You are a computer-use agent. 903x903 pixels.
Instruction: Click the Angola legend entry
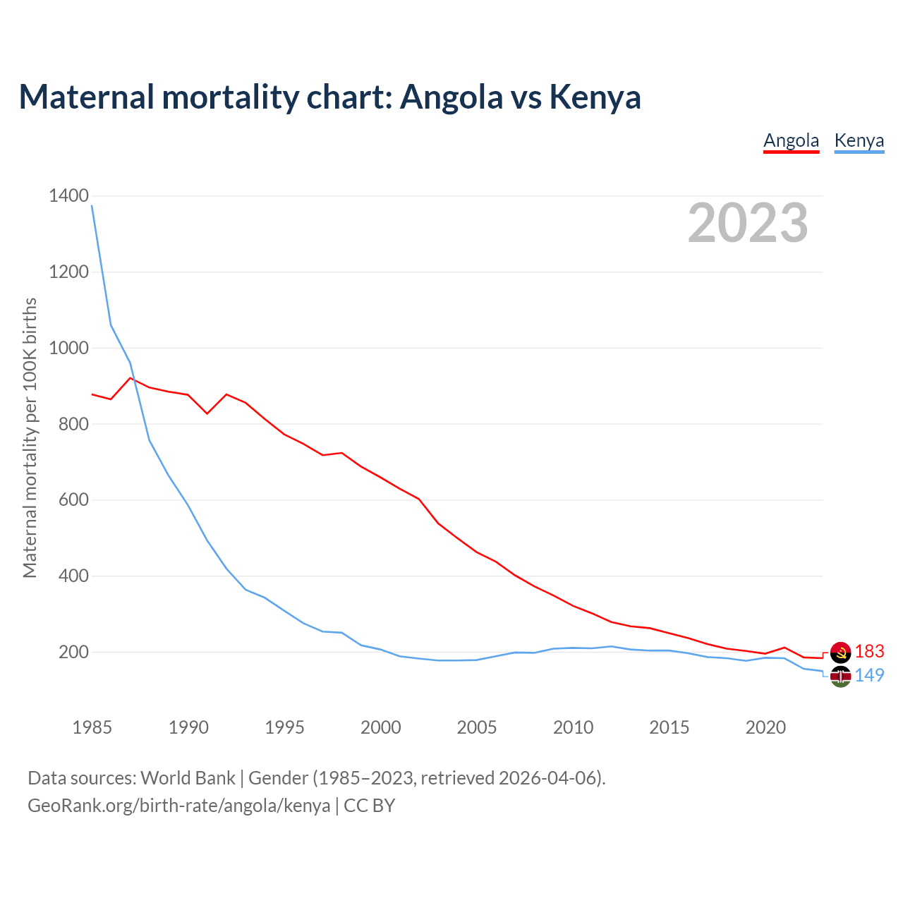(x=791, y=140)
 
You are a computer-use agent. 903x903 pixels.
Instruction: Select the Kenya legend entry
(x=859, y=140)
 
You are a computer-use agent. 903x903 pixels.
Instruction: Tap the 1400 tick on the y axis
(x=68, y=196)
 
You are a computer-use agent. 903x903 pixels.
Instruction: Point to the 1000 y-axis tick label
(x=68, y=349)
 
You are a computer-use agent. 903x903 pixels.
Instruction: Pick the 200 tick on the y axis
(x=73, y=653)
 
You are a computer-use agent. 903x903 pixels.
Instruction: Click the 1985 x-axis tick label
(x=92, y=727)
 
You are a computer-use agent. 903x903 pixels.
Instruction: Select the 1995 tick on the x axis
(x=284, y=727)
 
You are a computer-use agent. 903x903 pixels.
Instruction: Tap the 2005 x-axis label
(x=477, y=727)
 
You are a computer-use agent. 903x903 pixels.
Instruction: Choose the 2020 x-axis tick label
(x=765, y=727)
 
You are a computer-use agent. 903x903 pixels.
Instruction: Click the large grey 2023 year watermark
(x=748, y=223)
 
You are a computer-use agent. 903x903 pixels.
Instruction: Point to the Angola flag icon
(x=840, y=653)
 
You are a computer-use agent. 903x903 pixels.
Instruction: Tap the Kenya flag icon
(x=840, y=677)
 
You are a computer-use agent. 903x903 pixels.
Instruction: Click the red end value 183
(x=869, y=652)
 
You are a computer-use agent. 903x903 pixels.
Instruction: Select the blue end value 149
(x=869, y=676)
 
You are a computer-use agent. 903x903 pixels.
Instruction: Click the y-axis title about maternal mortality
(x=30, y=437)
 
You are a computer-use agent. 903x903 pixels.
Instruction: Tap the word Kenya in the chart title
(x=595, y=97)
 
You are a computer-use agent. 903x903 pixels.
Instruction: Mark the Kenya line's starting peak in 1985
(x=92, y=205)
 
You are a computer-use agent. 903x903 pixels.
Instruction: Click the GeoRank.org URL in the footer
(x=178, y=806)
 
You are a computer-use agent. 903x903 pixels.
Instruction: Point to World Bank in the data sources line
(x=188, y=778)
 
